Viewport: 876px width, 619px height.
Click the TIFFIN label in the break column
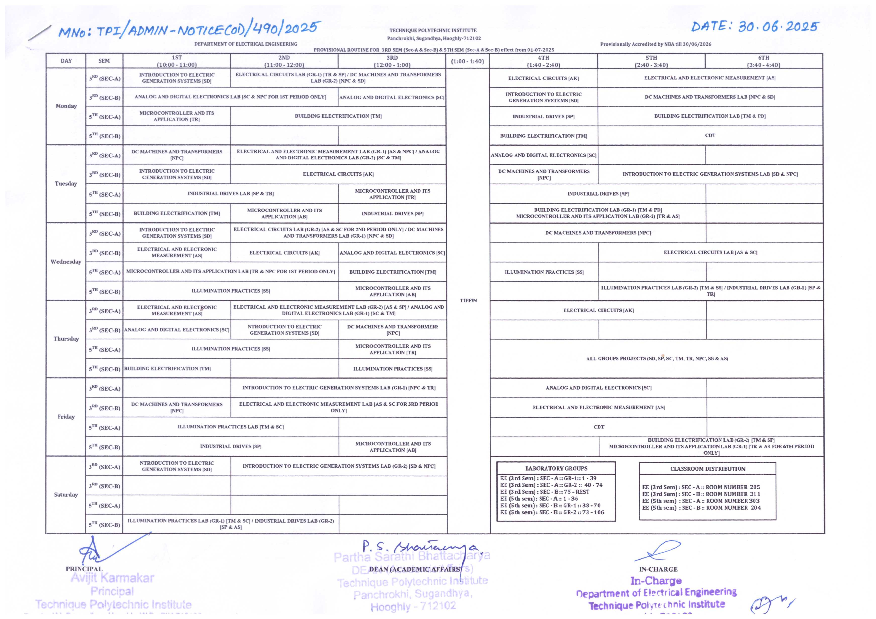click(468, 300)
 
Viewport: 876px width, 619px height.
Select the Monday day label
click(66, 106)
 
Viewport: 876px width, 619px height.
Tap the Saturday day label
click(66, 495)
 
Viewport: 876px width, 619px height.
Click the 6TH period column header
click(763, 61)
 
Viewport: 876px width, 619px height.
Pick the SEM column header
click(104, 61)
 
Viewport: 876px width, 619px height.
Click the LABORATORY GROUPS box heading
click(556, 468)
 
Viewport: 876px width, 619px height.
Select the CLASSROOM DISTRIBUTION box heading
click(707, 469)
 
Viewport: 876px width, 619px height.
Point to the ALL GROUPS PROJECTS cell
click(657, 358)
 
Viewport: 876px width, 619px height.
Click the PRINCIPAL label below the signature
click(84, 569)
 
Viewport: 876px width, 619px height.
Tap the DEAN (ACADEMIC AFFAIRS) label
click(415, 569)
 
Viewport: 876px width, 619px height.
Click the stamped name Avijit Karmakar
click(112, 578)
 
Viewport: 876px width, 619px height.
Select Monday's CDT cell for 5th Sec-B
click(710, 135)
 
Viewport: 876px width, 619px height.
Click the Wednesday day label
click(66, 261)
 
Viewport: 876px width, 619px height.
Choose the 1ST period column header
click(177, 61)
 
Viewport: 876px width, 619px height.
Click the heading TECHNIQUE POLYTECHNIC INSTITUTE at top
click(433, 30)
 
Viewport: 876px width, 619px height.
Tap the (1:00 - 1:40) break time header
click(467, 61)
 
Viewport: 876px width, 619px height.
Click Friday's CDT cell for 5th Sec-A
click(599, 427)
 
